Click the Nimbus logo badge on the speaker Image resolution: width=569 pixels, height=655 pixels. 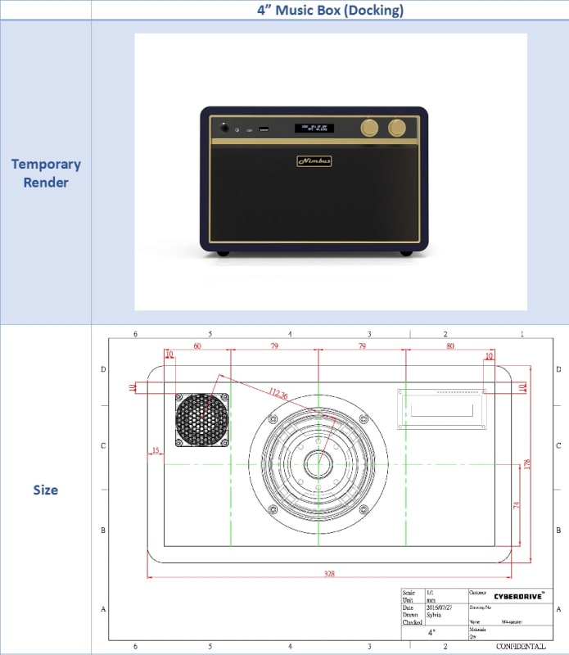(314, 161)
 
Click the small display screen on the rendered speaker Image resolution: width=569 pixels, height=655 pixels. (314, 128)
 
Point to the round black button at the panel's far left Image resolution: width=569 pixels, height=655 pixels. (224, 128)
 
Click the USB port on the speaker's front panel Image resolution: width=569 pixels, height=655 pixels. (264, 129)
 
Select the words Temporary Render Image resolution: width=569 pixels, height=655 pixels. (46, 173)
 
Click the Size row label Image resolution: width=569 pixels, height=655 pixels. (46, 490)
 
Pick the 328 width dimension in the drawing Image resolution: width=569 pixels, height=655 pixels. (329, 573)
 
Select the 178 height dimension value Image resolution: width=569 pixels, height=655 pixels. (529, 463)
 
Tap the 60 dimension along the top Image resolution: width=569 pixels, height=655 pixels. (196, 347)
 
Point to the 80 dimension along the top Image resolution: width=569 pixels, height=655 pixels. (449, 347)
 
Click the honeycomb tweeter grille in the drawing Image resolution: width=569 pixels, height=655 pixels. (201, 420)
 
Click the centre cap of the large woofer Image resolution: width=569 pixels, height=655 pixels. (318, 464)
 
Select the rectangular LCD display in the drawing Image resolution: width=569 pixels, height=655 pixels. (442, 407)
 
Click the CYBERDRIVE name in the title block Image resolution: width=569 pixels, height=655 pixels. (519, 597)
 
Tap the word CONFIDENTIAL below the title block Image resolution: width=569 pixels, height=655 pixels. (519, 646)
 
